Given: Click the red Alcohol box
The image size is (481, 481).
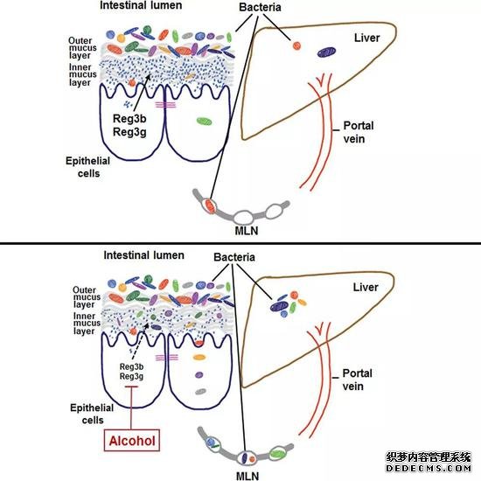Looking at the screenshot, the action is [132, 440].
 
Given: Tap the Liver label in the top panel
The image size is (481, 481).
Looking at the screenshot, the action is [367, 38].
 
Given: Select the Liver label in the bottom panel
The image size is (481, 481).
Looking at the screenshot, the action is [366, 288].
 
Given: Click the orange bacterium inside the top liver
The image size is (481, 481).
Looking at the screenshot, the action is [296, 46].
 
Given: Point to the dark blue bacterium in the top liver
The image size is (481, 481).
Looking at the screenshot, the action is [326, 52].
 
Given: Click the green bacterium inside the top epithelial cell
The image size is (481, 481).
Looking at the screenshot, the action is [205, 122].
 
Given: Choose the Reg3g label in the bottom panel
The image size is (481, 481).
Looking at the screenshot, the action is [131, 376].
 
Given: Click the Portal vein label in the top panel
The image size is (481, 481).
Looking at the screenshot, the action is [358, 132].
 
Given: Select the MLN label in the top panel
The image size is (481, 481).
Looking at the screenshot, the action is [247, 231].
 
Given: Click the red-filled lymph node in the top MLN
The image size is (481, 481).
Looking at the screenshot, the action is [210, 205].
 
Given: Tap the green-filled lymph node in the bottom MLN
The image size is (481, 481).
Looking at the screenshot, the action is [277, 453].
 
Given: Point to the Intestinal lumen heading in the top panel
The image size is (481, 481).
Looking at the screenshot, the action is [141, 5].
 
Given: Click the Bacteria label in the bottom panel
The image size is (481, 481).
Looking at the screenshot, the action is [234, 257].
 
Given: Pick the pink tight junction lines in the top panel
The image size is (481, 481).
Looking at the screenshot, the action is [165, 105].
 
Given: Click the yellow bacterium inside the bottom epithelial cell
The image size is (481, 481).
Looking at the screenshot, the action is [199, 358].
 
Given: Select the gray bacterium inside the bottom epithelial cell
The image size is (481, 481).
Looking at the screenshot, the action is [201, 392].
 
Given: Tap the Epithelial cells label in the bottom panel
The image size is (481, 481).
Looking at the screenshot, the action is [92, 415].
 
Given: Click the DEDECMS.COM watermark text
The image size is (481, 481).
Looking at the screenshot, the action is [429, 469].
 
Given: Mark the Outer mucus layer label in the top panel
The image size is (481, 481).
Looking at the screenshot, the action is [82, 48].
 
